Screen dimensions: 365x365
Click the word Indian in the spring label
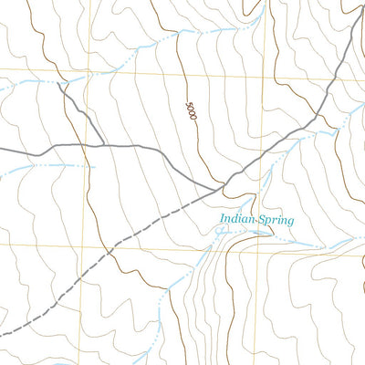tap(236, 218)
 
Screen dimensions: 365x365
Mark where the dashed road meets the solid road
tap(222, 189)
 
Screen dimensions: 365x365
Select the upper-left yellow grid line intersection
tap(89, 74)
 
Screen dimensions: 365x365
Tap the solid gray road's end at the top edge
tap(355, 1)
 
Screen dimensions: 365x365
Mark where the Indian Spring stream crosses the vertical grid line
tap(272, 239)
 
